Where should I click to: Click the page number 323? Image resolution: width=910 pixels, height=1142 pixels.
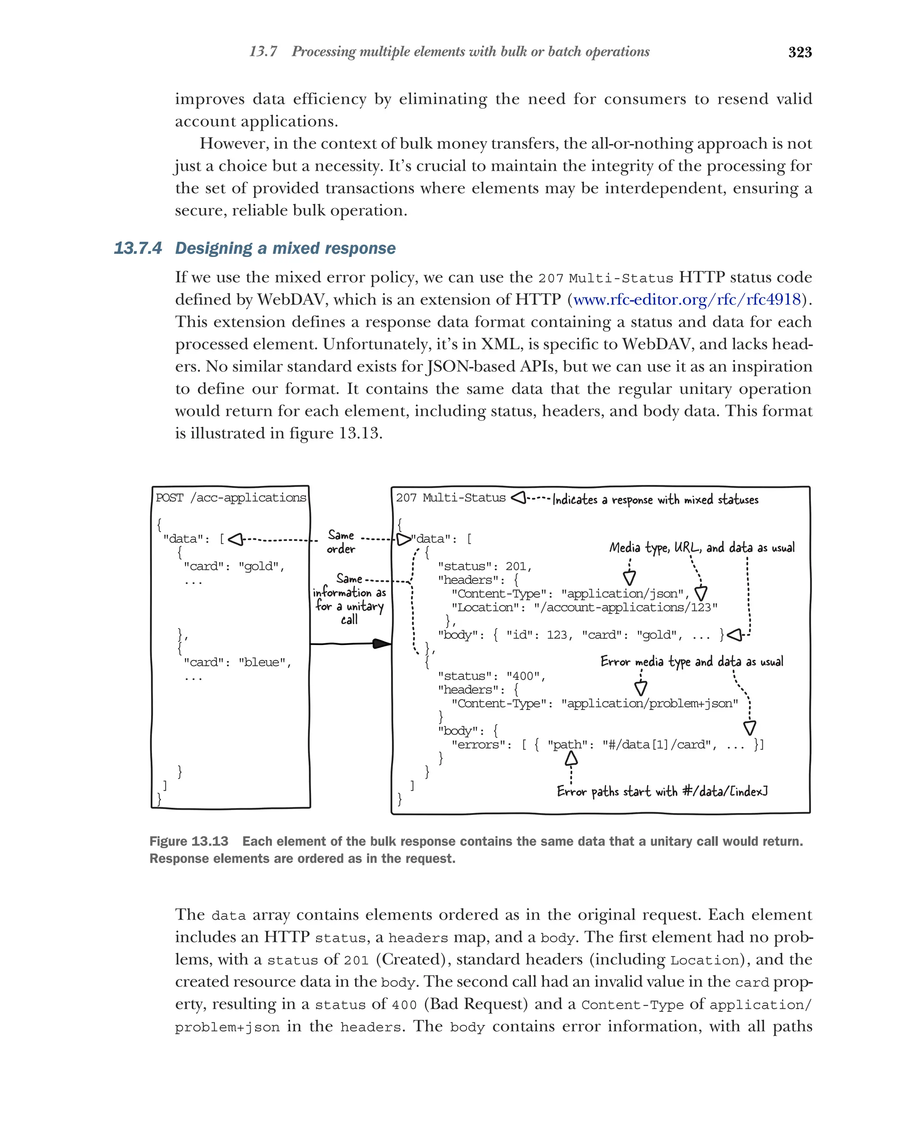coord(799,52)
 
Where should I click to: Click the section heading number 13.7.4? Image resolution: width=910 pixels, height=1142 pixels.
coord(138,248)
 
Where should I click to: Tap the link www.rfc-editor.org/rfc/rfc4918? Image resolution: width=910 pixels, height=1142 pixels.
coord(686,300)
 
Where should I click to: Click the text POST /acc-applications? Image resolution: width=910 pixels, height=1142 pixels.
coord(230,498)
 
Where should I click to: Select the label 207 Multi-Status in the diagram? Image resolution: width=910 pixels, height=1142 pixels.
coord(451,498)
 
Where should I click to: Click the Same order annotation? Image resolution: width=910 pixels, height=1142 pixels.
coord(340,542)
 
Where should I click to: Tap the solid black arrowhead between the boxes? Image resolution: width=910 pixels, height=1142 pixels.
coord(381,644)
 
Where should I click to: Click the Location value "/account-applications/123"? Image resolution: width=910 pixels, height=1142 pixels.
coord(625,608)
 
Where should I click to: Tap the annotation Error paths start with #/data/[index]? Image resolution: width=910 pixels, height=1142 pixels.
coord(662,791)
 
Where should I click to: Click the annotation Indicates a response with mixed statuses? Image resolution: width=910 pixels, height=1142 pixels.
coord(655,500)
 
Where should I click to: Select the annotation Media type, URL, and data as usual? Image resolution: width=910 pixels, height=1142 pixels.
coord(702,548)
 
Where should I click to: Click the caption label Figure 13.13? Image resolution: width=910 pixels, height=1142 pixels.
coord(188,841)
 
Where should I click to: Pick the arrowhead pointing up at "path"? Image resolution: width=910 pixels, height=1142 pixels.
coord(571,760)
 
